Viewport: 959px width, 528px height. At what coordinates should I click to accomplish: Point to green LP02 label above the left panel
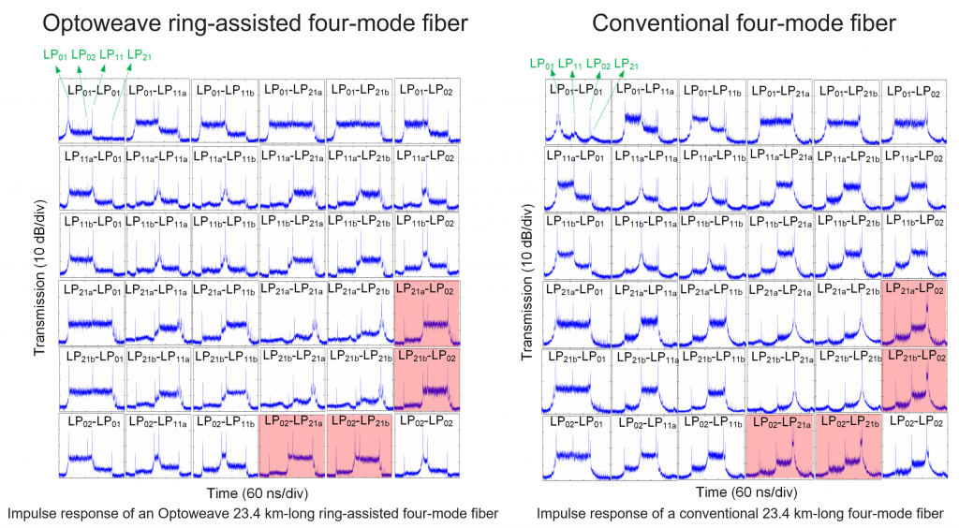tap(83, 54)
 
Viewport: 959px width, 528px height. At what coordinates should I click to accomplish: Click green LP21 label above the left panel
tap(140, 54)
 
